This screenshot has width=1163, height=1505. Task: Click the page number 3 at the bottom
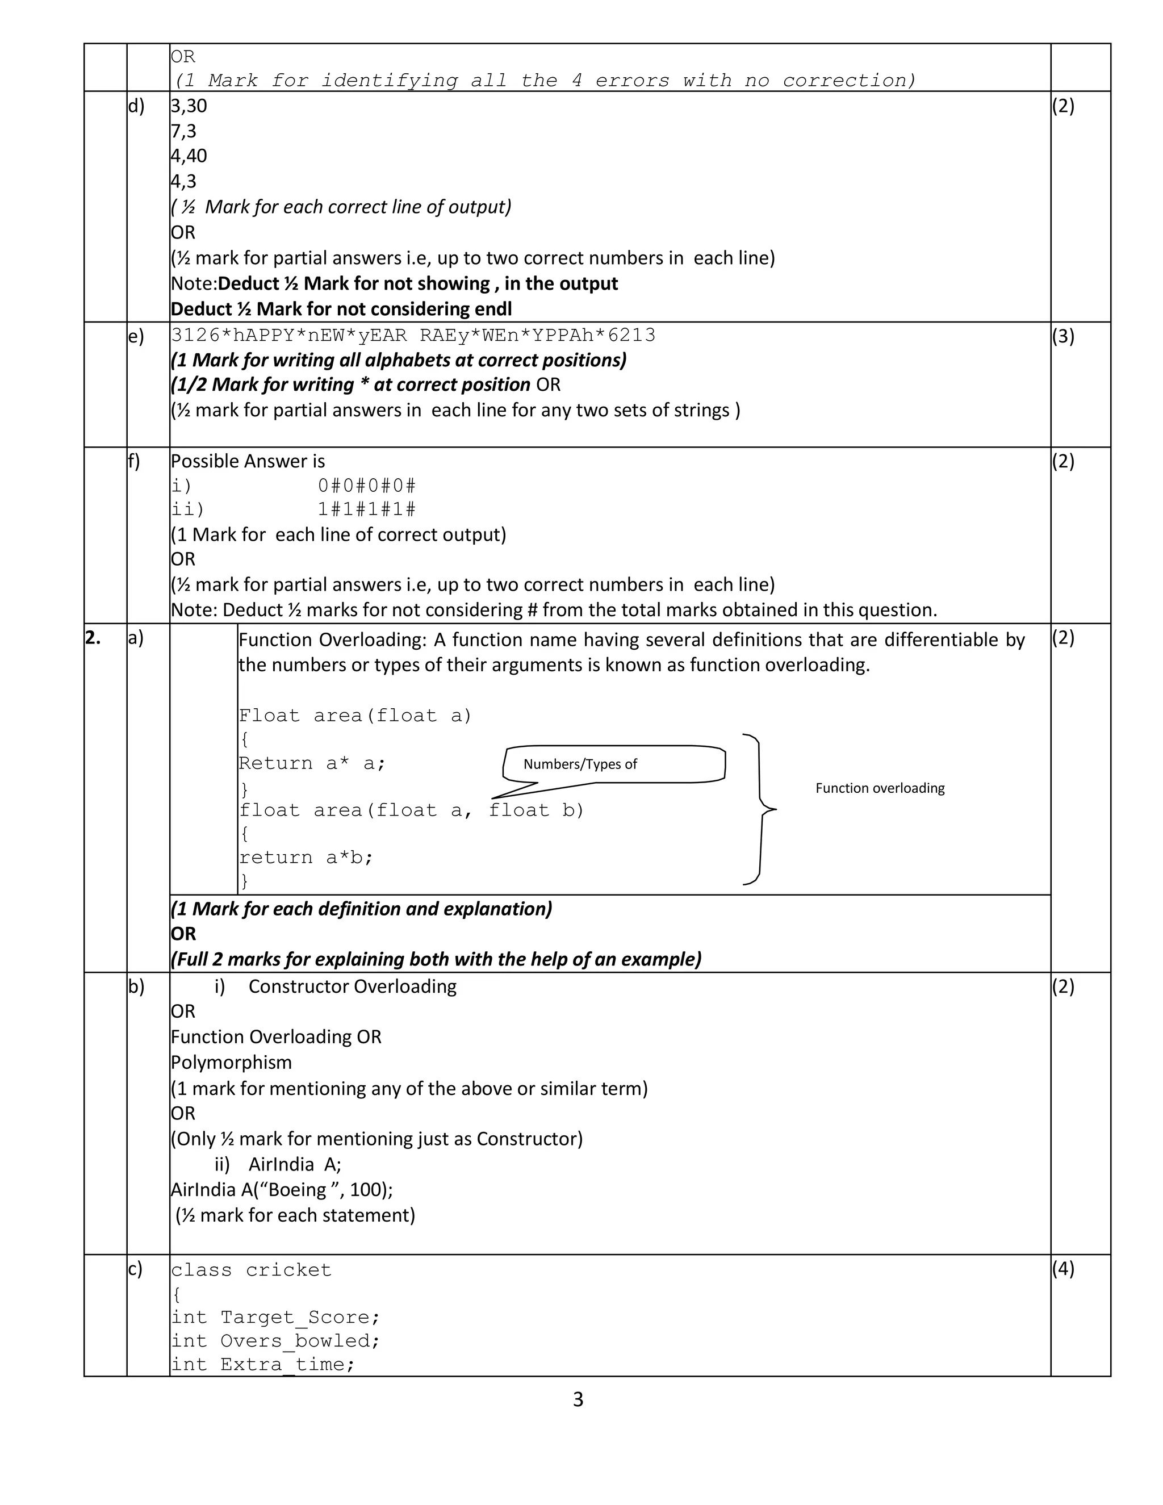(x=578, y=1399)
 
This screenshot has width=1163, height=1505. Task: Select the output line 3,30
(x=189, y=106)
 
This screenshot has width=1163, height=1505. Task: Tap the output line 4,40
(x=189, y=156)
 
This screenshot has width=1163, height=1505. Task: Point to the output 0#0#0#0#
(x=366, y=486)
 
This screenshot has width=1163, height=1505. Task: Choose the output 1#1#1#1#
(x=366, y=510)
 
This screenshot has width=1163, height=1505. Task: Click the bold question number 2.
(x=93, y=638)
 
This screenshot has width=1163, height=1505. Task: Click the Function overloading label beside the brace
(x=880, y=788)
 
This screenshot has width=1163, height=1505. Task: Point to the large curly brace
(x=760, y=809)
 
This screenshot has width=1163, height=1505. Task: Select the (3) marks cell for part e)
(x=1063, y=336)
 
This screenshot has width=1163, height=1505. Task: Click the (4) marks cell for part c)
(x=1063, y=1269)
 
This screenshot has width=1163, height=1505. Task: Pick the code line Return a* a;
(x=312, y=763)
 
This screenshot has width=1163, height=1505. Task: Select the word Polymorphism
(x=232, y=1063)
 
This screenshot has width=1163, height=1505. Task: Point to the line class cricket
(x=251, y=1270)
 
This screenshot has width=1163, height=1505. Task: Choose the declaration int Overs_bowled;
(x=275, y=1341)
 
